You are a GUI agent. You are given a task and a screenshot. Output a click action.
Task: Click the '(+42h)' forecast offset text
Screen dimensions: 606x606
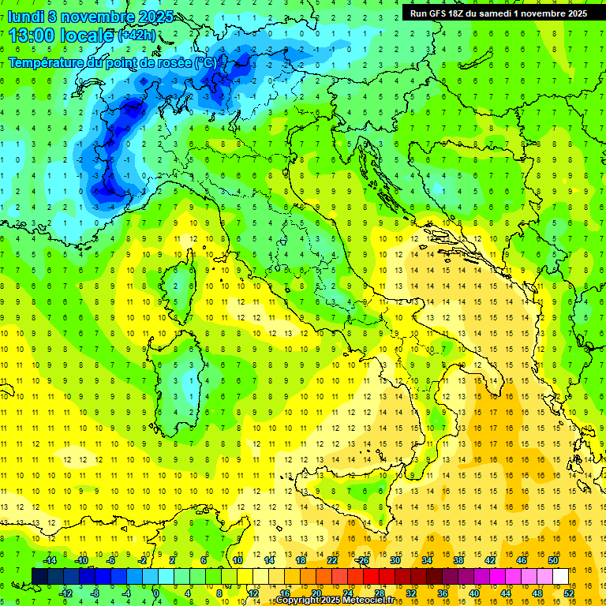pyautogui.click(x=136, y=36)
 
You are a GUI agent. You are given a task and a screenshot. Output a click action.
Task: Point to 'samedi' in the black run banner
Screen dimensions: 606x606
pyautogui.click(x=493, y=13)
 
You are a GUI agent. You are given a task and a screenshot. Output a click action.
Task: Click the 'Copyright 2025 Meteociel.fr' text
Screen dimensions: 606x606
pyautogui.click(x=335, y=600)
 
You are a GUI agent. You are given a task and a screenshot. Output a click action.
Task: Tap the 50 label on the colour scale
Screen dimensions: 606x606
pyautogui.click(x=553, y=560)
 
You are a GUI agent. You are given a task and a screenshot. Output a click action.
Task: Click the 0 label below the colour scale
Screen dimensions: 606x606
pyautogui.click(x=156, y=593)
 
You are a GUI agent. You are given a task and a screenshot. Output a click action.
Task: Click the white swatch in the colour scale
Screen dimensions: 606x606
pyautogui.click(x=561, y=576)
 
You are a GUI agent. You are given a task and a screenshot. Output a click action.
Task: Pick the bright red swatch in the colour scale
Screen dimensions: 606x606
pyautogui.click(x=372, y=576)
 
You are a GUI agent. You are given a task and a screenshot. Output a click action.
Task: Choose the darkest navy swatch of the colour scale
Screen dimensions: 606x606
pyautogui.click(x=39, y=576)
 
